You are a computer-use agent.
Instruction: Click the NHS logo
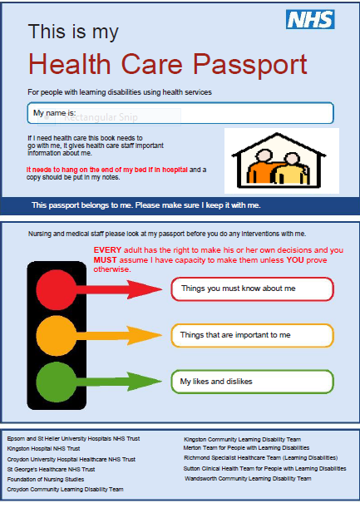(310, 20)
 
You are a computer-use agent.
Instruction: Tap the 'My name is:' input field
(180, 113)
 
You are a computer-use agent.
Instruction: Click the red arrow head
(149, 289)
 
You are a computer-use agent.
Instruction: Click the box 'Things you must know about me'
(252, 289)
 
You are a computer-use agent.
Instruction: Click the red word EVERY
(106, 249)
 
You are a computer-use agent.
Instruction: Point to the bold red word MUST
(106, 259)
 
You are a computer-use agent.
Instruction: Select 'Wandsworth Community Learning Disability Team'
(248, 479)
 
